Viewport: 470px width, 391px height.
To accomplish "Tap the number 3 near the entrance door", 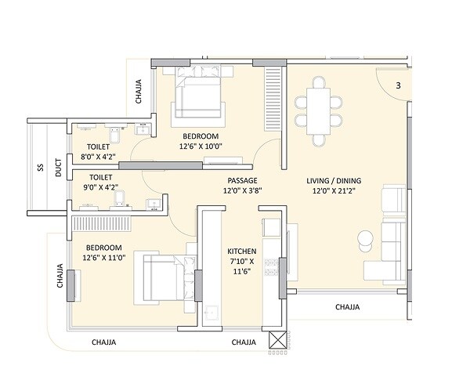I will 398,85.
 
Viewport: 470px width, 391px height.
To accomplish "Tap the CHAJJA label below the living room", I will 348,307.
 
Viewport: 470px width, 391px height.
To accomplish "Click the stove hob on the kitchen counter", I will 271,270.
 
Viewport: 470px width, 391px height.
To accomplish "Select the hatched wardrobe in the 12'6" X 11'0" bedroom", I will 108,224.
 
